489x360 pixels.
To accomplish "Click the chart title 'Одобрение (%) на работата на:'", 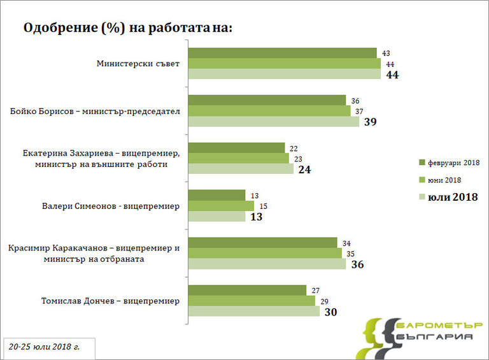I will tap(128, 29).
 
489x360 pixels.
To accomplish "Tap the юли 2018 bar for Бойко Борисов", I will tap(273, 121).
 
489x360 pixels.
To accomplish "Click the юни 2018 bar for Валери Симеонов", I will tap(220, 206).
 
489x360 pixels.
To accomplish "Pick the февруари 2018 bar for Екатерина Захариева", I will tap(236, 148).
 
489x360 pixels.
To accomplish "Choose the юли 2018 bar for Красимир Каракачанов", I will tap(267, 264).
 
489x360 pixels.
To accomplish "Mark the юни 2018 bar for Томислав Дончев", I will tap(252, 301).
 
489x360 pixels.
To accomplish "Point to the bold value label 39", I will tap(371, 122).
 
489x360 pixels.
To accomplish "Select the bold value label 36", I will tap(357, 264).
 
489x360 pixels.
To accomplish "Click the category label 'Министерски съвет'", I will tap(138, 64).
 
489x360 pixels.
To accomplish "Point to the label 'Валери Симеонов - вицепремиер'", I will tap(111, 206).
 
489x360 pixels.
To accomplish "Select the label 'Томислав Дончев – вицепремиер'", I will tap(110, 301).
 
